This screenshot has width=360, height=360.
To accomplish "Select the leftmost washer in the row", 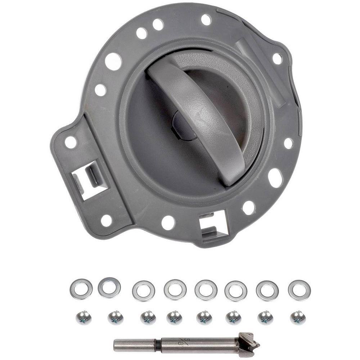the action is point(81,289).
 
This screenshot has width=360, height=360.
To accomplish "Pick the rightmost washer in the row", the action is point(300,290).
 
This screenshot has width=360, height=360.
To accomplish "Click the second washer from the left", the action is point(109,288).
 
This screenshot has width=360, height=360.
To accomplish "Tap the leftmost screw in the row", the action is point(84,318).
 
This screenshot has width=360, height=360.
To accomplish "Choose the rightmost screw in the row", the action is point(298,318).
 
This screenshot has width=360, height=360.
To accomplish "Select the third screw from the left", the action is point(148,318).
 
